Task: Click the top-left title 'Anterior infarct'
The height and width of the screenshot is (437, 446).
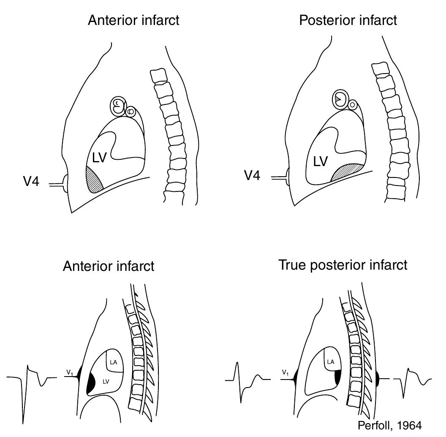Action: (x=133, y=20)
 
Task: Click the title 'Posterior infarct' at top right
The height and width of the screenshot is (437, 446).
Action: (x=348, y=20)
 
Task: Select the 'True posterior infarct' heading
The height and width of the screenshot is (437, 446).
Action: (x=343, y=265)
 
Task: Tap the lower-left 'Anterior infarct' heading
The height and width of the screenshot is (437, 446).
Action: (x=109, y=266)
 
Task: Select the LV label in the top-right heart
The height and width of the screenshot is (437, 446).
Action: (x=320, y=161)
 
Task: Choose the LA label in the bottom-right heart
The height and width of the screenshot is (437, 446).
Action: (x=331, y=361)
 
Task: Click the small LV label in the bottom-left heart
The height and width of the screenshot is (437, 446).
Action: (x=106, y=381)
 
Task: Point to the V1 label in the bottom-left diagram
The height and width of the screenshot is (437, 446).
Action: (x=70, y=372)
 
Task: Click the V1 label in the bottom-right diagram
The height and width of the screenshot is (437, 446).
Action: (x=286, y=372)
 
